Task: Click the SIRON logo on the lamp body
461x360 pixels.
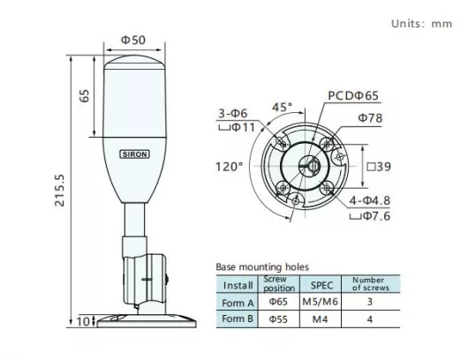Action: (x=134, y=154)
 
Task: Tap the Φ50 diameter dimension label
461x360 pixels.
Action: (x=133, y=40)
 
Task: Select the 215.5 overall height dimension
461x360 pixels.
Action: (x=59, y=191)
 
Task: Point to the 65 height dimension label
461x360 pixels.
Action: (x=85, y=95)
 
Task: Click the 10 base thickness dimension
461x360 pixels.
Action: (x=83, y=321)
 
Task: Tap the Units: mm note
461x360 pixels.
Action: (x=421, y=24)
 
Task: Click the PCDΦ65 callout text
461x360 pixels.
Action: (x=353, y=95)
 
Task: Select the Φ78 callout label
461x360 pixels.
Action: (x=370, y=118)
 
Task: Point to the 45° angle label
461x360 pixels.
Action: (x=283, y=107)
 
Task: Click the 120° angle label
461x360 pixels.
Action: (x=230, y=167)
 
